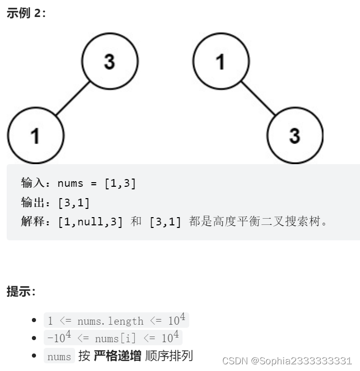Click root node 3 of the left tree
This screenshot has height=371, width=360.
pyautogui.click(x=110, y=61)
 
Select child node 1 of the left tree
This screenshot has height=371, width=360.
pyautogui.click(x=35, y=136)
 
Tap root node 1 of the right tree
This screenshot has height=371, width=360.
pyautogui.click(x=221, y=61)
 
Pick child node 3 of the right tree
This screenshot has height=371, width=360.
pyautogui.click(x=295, y=136)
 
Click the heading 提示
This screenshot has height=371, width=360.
pyautogui.click(x=21, y=291)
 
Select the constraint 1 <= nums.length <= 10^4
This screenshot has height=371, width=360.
pyautogui.click(x=117, y=321)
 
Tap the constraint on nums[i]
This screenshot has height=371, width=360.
pyautogui.click(x=113, y=338)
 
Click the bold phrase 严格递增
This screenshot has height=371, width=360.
pyautogui.click(x=117, y=356)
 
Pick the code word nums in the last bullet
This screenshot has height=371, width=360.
pyautogui.click(x=59, y=356)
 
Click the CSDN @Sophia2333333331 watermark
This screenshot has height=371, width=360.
pyautogui.click(x=287, y=360)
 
